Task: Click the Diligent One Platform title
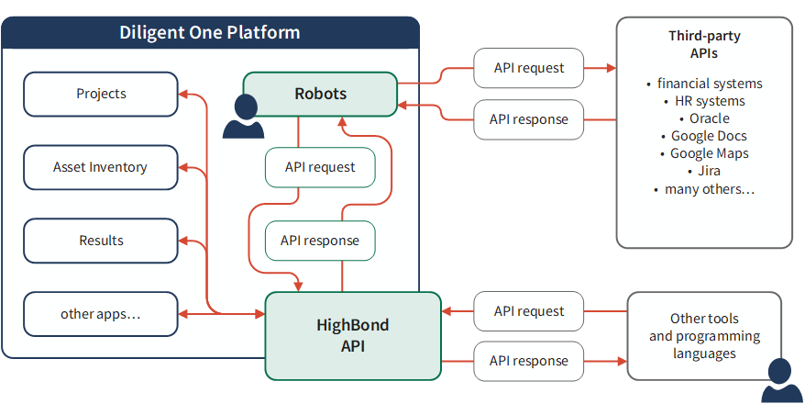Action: tap(209, 32)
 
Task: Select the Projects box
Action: tap(101, 94)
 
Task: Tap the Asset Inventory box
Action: tap(101, 167)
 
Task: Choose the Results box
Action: tap(101, 241)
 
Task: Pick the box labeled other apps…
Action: tap(101, 314)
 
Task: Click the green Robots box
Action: tap(320, 94)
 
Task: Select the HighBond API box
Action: tap(353, 336)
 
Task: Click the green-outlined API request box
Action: tap(320, 167)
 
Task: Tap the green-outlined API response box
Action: tap(320, 241)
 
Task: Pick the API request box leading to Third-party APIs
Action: tap(529, 68)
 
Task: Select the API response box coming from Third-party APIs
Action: tap(529, 119)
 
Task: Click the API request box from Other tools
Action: tap(529, 311)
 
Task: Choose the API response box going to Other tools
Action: tap(529, 362)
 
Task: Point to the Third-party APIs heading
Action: tap(704, 45)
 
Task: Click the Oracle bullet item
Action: tap(704, 118)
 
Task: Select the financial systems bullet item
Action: tap(704, 84)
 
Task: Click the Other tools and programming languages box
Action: tap(704, 336)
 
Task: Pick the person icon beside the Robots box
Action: tap(243, 117)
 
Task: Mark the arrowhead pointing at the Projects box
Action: tap(183, 94)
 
